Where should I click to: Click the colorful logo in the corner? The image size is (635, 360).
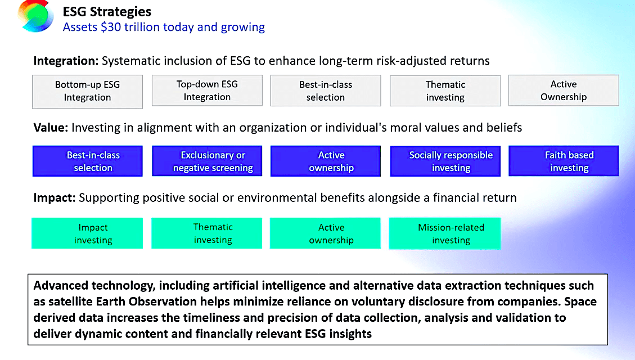(x=35, y=16)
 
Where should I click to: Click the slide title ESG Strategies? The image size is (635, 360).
(x=107, y=11)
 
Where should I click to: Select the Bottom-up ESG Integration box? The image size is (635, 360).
(x=87, y=91)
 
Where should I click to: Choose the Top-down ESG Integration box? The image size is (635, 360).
(x=207, y=91)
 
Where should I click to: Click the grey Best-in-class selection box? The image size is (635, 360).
(x=326, y=91)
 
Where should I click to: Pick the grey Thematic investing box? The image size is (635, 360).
(x=445, y=91)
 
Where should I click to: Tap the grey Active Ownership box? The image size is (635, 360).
(x=564, y=91)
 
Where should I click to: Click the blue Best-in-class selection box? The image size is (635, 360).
(x=87, y=161)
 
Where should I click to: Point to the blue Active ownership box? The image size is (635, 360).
(x=331, y=161)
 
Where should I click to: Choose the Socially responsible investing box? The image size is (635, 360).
(x=451, y=161)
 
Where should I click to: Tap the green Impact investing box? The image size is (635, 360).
(x=87, y=233)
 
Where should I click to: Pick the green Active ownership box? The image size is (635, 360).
(x=331, y=233)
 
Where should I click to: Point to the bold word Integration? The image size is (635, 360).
(x=66, y=61)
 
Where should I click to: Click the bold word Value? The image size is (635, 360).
(x=51, y=128)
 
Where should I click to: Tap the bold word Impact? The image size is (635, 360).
(x=55, y=198)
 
